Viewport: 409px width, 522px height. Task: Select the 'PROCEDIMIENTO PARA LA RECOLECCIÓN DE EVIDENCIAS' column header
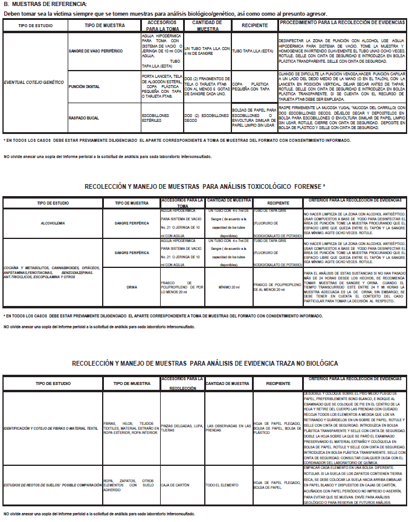tap(341, 25)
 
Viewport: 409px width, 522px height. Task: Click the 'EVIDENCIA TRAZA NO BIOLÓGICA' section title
tap(205, 364)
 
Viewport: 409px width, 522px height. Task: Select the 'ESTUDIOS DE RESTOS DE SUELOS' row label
tap(51, 485)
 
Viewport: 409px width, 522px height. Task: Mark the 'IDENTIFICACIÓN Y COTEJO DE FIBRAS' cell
tap(51, 428)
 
